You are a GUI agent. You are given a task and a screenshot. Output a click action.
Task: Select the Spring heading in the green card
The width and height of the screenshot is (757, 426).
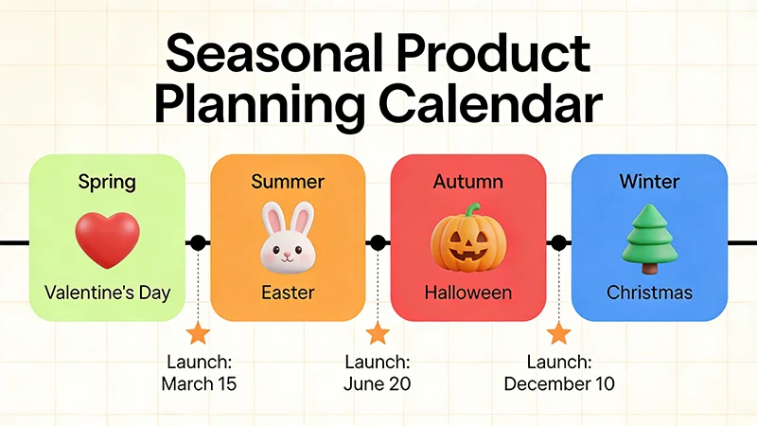107,181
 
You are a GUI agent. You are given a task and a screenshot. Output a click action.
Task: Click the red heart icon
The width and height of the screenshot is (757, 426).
107,239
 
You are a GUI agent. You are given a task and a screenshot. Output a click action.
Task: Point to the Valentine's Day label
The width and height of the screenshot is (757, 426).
107,293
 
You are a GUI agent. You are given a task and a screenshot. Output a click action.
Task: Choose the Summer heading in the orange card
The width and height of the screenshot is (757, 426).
288,181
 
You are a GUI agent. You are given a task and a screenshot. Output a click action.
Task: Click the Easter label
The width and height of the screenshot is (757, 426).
288,293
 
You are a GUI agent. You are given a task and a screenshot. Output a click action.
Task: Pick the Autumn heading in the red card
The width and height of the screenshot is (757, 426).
468,181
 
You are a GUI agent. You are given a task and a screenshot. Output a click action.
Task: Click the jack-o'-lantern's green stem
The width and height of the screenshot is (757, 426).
470,211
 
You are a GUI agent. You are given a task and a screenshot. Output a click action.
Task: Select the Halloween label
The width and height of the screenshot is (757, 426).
468,293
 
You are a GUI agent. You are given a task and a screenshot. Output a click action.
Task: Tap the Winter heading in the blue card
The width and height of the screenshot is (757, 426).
649,181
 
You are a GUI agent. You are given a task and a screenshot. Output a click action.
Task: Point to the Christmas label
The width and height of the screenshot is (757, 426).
649,293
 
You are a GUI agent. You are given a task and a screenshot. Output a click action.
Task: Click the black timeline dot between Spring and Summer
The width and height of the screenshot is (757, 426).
198,243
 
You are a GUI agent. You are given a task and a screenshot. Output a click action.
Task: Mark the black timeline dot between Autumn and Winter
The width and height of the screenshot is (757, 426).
559,243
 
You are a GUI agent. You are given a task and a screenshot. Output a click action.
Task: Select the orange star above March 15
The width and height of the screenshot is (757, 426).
198,333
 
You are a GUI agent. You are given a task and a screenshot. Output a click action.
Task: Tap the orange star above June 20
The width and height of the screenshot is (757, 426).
378,333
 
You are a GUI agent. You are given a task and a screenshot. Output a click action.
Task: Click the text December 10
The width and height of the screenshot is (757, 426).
559,384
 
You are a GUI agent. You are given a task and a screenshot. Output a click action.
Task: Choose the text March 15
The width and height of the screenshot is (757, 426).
199,384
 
